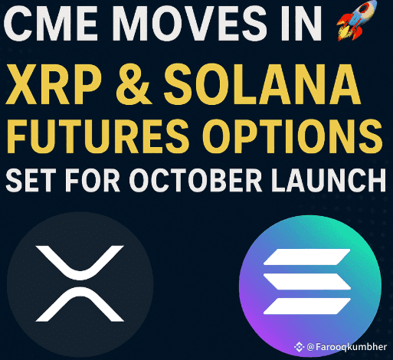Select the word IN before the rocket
(x=301, y=24)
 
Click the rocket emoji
(x=357, y=21)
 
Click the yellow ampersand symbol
(x=133, y=85)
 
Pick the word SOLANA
(x=262, y=84)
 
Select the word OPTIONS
(x=293, y=136)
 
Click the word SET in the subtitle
(x=31, y=180)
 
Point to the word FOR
(x=93, y=180)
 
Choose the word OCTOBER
(x=195, y=180)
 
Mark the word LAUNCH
(x=329, y=180)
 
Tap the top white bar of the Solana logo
(x=306, y=257)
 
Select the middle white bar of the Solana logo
(x=306, y=281)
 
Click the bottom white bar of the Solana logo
(x=306, y=306)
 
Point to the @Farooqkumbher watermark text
(x=346, y=347)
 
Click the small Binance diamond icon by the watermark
(x=299, y=347)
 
